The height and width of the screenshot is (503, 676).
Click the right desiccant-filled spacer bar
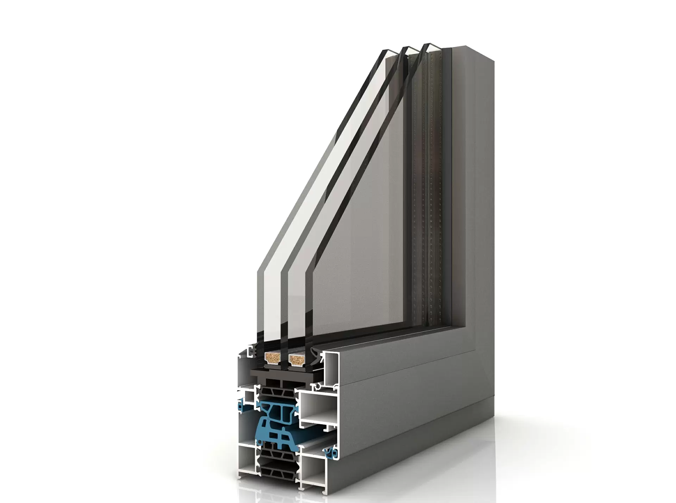[295, 358]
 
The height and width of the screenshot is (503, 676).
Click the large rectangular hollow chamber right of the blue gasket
[317, 408]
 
